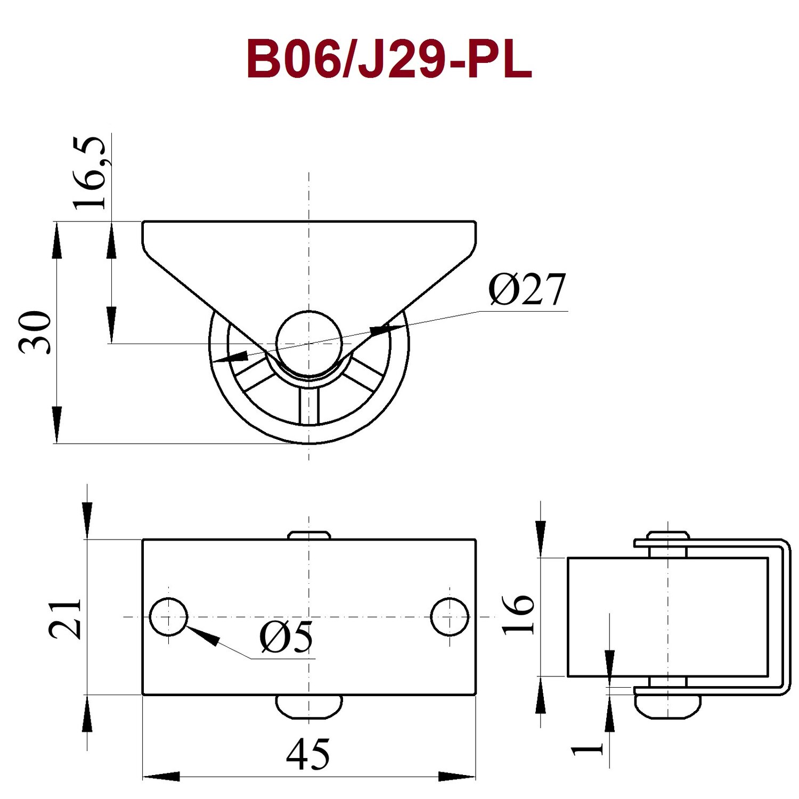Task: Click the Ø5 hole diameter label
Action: pos(287,637)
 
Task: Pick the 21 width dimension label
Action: pos(65,618)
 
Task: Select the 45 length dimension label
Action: pos(308,754)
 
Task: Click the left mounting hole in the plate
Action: pos(169,617)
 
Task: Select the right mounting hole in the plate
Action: pos(450,617)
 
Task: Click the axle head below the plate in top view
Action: pos(309,707)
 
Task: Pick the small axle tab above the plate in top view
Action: pos(309,535)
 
